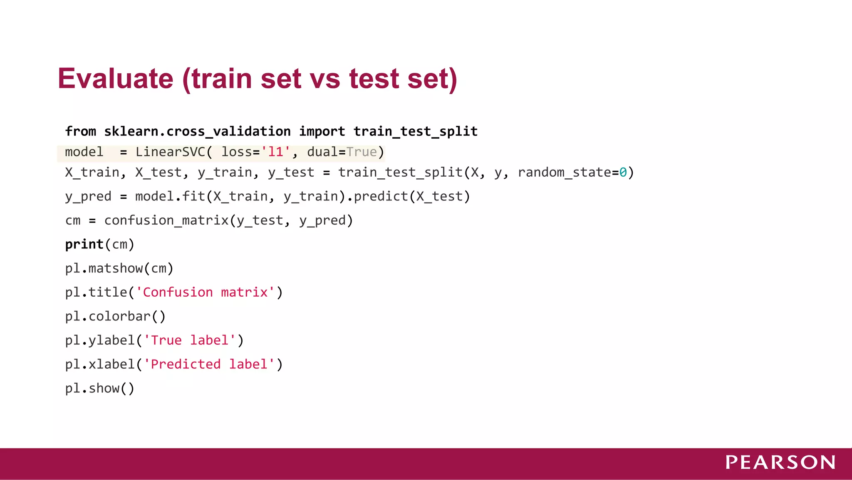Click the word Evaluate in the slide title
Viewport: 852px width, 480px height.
coord(115,79)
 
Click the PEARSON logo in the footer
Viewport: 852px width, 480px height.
coord(780,462)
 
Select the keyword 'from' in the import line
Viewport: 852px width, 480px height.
coord(81,132)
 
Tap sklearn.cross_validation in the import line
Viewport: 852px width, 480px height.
coord(197,132)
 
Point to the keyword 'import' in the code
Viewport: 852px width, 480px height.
coord(322,132)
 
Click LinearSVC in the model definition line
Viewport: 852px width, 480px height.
coord(171,152)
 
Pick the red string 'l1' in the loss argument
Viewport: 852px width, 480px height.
coord(275,152)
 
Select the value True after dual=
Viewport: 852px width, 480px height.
coord(362,152)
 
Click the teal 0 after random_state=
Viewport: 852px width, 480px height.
coord(623,172)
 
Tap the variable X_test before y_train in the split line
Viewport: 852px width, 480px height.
coord(159,172)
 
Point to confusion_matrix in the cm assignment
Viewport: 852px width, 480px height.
coord(166,220)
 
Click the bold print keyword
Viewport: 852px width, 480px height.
coord(84,245)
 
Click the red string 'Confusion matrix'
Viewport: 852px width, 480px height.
coord(206,292)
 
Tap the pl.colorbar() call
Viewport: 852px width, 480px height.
coord(115,317)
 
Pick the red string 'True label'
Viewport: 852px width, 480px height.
coord(190,340)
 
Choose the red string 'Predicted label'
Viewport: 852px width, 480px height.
coord(209,365)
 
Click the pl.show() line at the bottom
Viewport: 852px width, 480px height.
coord(100,388)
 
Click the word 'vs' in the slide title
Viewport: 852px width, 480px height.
coord(325,79)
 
